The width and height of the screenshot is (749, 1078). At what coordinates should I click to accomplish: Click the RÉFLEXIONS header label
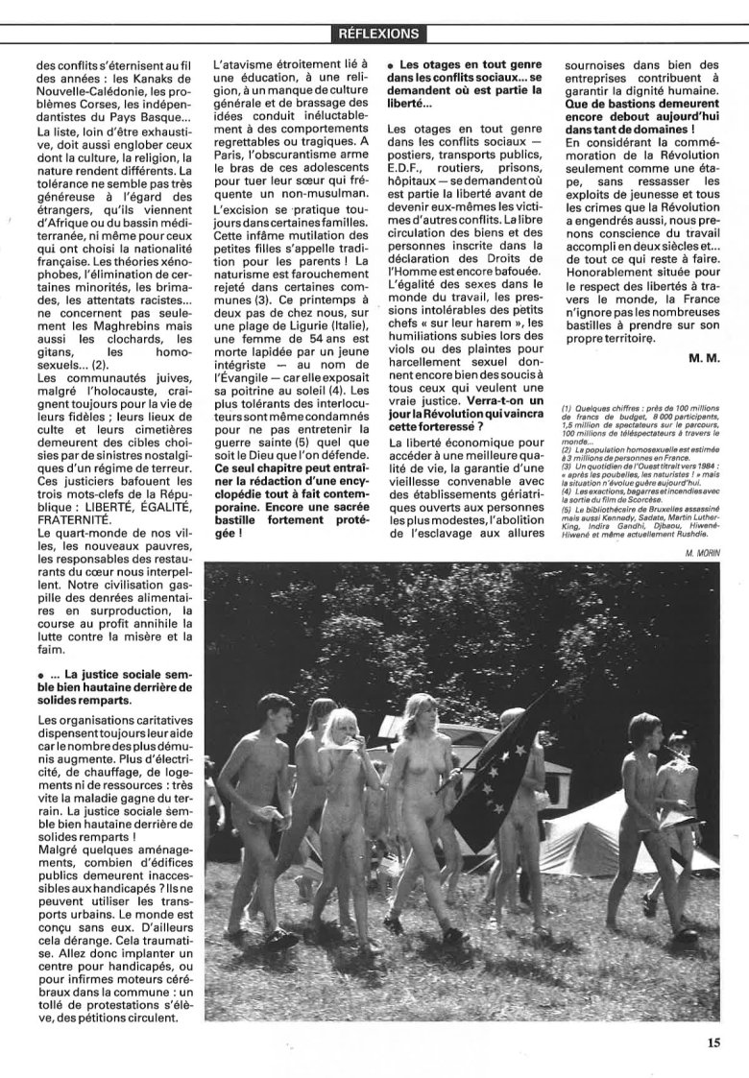[378, 34]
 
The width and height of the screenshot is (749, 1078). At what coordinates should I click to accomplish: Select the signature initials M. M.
[704, 358]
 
